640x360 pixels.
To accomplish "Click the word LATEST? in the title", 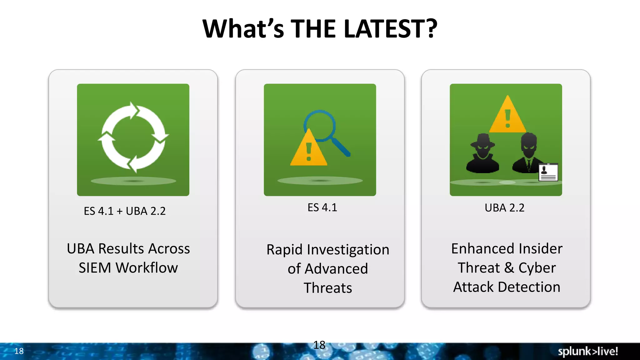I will [x=390, y=29].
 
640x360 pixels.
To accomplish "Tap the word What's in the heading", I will [x=243, y=29].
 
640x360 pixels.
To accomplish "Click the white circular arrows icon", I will [x=133, y=137].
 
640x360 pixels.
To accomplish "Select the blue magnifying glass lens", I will [x=320, y=125].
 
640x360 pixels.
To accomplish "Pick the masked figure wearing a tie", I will [x=528, y=153].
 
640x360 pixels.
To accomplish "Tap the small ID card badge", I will [x=548, y=172].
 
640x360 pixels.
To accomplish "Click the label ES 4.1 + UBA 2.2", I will [x=125, y=211].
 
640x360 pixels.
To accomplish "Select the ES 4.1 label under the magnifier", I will [x=322, y=207].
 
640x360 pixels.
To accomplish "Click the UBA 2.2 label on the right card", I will [x=504, y=208].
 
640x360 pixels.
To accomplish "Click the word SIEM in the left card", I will [x=95, y=268].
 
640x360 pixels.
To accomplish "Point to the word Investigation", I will [x=348, y=250].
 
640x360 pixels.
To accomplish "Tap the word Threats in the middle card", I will [x=328, y=288].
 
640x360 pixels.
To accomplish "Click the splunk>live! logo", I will [x=588, y=351].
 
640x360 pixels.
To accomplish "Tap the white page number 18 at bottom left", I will [x=19, y=351].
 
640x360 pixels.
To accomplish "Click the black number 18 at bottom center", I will [x=319, y=345].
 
